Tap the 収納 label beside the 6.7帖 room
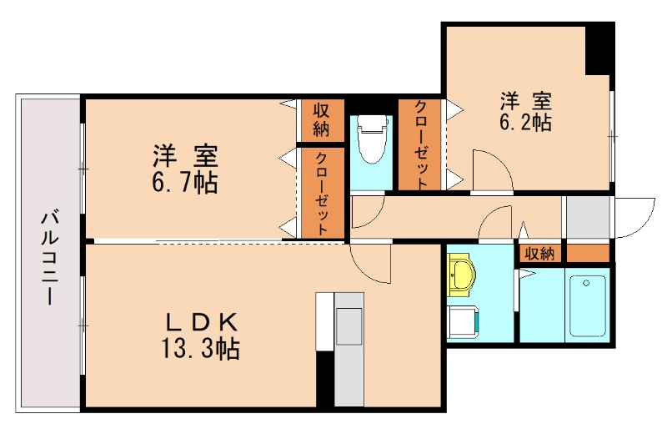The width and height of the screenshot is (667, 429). point(321,119)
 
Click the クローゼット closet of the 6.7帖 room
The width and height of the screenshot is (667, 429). point(321,194)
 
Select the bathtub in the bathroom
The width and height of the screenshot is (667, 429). point(589,305)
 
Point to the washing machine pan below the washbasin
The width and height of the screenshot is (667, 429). point(462,321)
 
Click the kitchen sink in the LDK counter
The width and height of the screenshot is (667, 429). point(349,326)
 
